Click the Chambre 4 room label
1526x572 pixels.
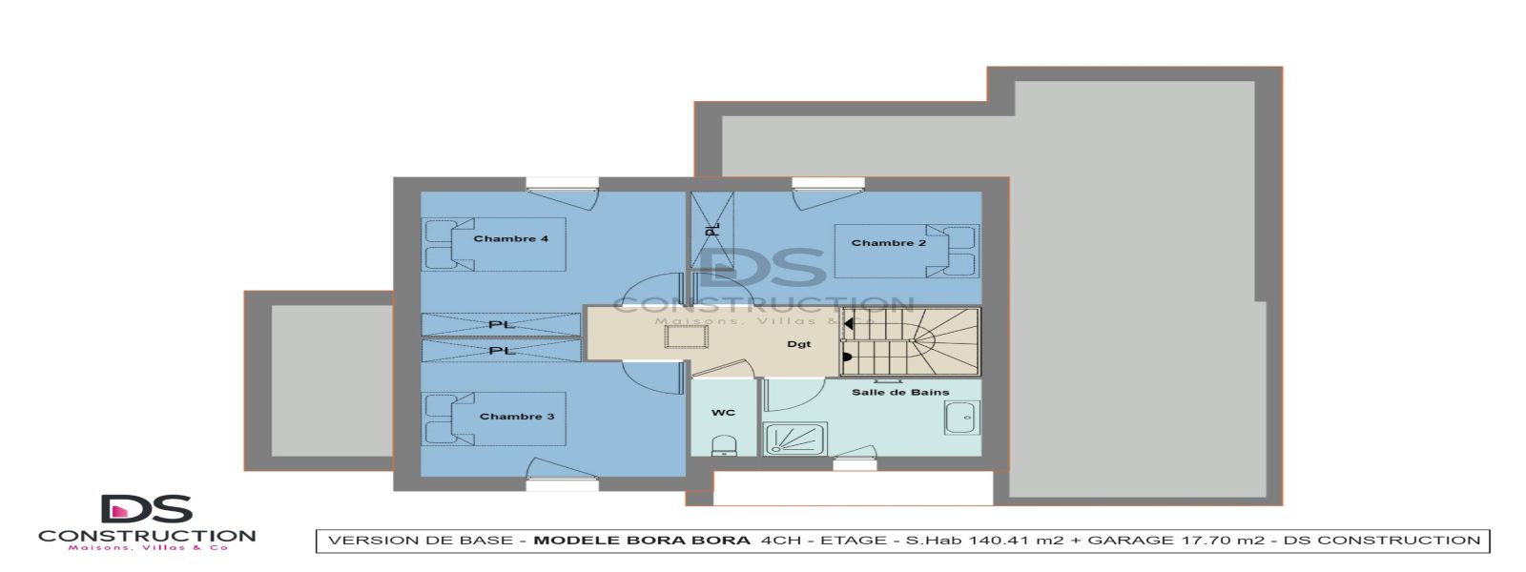click(510, 238)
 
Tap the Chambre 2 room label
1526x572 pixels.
click(888, 243)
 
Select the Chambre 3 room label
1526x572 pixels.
click(516, 417)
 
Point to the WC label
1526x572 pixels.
click(723, 413)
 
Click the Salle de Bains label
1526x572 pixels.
click(899, 392)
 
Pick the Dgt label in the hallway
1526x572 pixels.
click(798, 344)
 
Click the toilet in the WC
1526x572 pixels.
click(724, 445)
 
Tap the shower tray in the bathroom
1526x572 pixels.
click(794, 439)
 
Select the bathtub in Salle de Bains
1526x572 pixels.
click(959, 418)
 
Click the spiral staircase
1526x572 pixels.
click(911, 340)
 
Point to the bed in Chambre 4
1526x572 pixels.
click(494, 245)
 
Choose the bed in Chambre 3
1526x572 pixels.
click(494, 419)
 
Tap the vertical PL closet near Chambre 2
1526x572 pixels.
click(711, 229)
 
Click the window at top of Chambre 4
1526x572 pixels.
click(562, 183)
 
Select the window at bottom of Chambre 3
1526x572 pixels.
click(562, 485)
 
